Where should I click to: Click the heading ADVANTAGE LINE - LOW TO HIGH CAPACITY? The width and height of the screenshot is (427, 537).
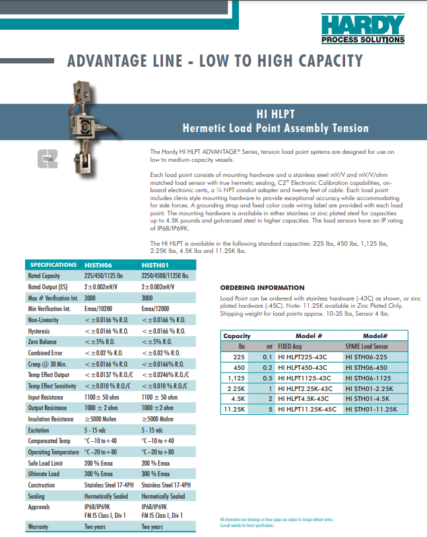[215, 62]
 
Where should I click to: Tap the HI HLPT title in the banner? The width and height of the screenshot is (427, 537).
[275, 113]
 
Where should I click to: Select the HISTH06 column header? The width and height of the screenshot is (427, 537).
[98, 265]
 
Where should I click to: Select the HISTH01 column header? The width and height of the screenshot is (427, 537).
[154, 265]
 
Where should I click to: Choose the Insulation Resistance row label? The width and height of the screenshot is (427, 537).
[51, 419]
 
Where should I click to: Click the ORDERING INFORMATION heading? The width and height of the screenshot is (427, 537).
[262, 288]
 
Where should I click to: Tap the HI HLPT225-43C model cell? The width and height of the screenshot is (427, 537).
[302, 357]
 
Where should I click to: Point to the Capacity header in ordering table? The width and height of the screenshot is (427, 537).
[237, 336]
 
